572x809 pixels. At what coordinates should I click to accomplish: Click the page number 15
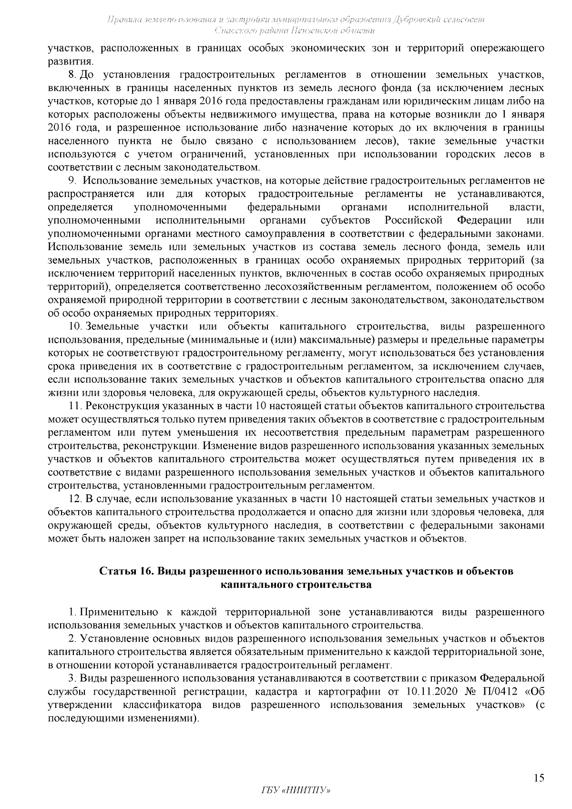tap(539, 778)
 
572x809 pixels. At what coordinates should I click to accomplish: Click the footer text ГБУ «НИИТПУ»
tap(296, 790)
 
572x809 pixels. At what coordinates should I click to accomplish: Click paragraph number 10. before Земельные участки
tap(76, 327)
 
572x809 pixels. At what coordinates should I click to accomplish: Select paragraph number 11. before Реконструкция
tap(76, 406)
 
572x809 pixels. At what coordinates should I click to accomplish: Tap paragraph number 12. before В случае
tap(76, 499)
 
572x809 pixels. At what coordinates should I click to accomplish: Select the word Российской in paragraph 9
tap(414, 221)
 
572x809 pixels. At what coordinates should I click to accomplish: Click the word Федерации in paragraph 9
tap(484, 221)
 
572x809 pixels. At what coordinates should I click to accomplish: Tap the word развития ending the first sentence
tap(70, 61)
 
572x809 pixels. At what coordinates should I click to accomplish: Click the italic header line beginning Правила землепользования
tap(296, 20)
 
